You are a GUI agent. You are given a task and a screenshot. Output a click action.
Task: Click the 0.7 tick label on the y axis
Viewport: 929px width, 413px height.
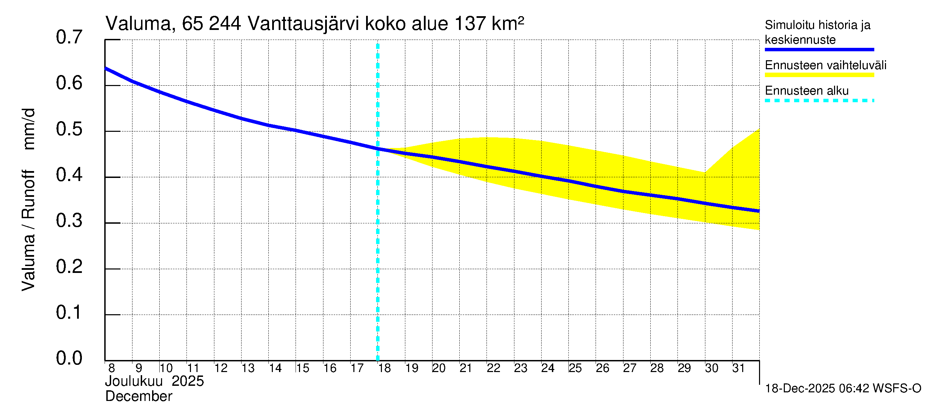(x=69, y=38)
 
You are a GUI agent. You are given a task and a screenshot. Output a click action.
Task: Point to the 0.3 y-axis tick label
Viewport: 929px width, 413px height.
(x=69, y=221)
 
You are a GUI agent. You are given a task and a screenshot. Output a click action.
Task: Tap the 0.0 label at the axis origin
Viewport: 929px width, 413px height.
(x=69, y=358)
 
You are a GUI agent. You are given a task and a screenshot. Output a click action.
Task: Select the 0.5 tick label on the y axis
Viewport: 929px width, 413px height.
(x=69, y=129)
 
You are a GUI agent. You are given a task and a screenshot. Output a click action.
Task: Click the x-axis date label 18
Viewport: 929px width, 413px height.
(x=384, y=368)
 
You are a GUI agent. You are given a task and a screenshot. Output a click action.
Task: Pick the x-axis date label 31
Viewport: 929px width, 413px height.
(x=739, y=368)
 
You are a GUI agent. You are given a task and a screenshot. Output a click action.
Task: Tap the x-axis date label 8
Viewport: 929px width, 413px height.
(x=111, y=368)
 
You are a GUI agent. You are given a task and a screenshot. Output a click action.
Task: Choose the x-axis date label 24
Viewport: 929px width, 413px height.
(x=547, y=368)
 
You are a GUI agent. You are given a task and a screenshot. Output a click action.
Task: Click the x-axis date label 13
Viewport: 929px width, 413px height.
(x=248, y=368)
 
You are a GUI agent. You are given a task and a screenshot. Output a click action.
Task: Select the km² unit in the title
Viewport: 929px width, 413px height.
(x=508, y=24)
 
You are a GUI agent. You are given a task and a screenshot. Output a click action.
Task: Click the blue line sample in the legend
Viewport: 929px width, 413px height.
(x=819, y=50)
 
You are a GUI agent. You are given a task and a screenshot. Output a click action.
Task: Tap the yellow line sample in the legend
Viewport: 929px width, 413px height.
(x=819, y=75)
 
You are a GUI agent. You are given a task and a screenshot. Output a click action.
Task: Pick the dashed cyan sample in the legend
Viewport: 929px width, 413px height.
(x=819, y=100)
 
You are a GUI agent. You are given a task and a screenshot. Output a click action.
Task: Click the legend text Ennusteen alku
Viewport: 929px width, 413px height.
(x=807, y=91)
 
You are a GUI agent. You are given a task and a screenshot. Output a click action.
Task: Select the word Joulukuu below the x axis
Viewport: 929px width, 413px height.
(x=134, y=381)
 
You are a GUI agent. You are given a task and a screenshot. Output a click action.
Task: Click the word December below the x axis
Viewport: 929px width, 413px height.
(x=138, y=396)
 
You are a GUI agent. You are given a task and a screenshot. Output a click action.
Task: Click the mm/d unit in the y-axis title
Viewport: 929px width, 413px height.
(x=29, y=129)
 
